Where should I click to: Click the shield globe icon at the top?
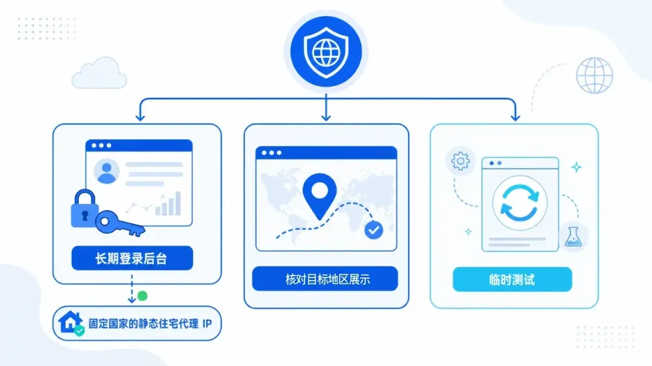point(326,52)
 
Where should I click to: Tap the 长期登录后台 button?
point(132,258)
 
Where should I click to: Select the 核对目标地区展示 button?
point(325,279)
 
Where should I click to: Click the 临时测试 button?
point(512,279)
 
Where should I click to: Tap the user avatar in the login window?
point(106,171)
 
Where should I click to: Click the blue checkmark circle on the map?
point(374,230)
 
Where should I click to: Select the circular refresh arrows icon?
point(520,203)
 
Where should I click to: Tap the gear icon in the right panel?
point(460,161)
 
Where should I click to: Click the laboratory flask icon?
point(572,237)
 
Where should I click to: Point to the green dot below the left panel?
point(142,296)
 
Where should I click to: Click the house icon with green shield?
point(71,323)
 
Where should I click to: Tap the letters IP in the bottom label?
point(207,324)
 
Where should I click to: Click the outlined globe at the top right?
point(595,76)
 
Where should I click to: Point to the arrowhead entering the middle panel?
point(326,117)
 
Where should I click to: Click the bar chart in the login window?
point(168,204)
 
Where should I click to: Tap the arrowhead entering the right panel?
point(516,117)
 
